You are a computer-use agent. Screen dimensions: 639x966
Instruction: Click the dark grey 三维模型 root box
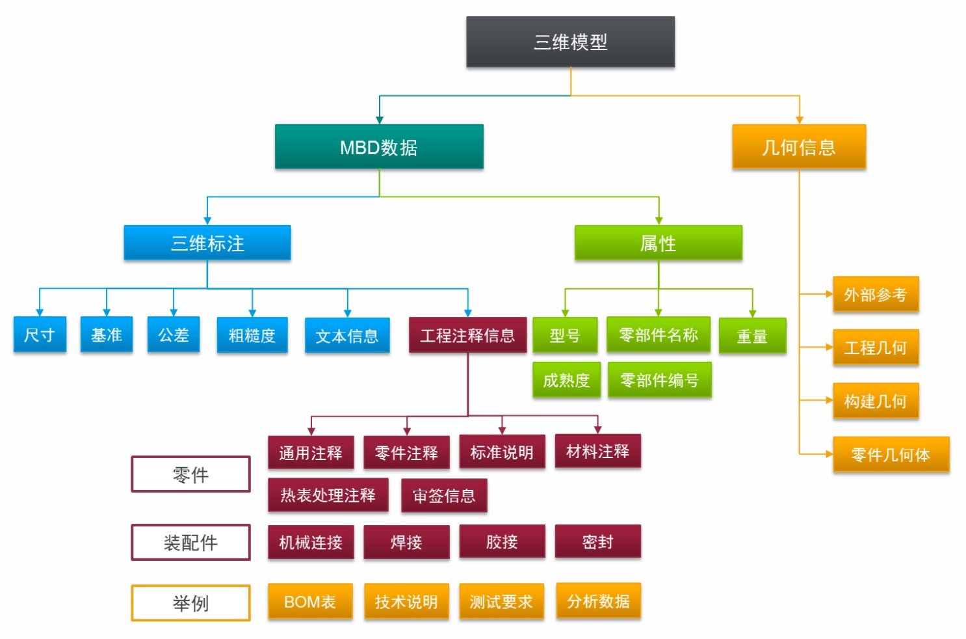570,42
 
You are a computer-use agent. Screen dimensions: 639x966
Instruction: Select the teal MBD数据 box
379,147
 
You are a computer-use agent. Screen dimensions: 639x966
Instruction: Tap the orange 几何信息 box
798,147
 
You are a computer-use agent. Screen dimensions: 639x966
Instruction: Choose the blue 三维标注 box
207,243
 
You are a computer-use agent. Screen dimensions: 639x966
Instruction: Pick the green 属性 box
658,243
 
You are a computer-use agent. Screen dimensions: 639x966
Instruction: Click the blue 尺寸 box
40,334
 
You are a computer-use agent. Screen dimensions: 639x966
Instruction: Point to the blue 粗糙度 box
252,335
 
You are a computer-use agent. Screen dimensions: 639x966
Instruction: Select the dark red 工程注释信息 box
467,335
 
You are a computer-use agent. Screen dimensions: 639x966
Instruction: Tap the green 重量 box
752,336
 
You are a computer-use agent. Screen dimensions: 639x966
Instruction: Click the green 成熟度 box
566,380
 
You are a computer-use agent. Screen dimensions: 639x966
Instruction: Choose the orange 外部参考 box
875,295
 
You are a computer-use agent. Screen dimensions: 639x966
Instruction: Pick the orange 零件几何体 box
891,454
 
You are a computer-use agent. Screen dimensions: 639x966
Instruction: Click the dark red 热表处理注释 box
328,495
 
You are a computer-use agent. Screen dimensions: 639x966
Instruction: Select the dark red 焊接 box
406,542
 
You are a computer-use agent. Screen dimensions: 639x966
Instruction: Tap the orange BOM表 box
310,602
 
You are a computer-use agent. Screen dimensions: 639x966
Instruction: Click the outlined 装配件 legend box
190,542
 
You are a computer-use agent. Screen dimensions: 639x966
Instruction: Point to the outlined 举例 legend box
190,603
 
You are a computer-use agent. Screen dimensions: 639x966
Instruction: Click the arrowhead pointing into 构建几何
829,401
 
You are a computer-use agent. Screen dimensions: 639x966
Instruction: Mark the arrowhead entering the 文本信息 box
348,312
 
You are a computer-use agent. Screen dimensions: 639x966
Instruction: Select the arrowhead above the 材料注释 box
597,429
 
